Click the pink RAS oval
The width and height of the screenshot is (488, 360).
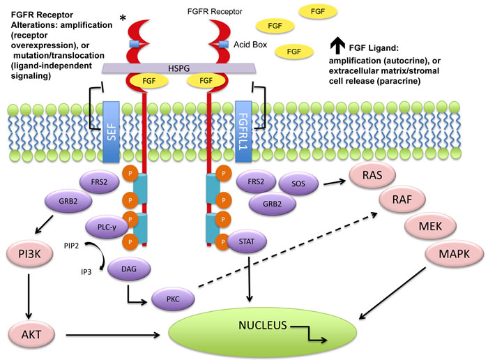click(x=372, y=174)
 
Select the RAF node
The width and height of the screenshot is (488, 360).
click(x=402, y=200)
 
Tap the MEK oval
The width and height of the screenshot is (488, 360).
click(x=430, y=226)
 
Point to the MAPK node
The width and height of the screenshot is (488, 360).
click(x=454, y=254)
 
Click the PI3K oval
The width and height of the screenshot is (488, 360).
click(x=29, y=254)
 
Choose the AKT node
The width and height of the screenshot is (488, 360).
click(x=31, y=334)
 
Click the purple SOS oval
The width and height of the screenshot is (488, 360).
click(x=298, y=183)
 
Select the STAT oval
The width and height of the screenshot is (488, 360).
click(x=247, y=241)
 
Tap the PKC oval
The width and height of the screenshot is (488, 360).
click(x=173, y=299)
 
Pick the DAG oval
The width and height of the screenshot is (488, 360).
click(x=129, y=269)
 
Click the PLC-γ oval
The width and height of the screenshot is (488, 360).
click(x=107, y=227)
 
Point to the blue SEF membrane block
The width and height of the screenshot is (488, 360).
click(x=111, y=132)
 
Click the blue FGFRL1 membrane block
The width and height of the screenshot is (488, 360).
click(x=243, y=131)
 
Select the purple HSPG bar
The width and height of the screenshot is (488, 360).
click(x=179, y=68)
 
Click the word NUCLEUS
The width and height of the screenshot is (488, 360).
click(x=262, y=325)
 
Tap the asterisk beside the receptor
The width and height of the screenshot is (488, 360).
click(x=123, y=18)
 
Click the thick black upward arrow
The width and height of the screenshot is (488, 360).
click(x=337, y=45)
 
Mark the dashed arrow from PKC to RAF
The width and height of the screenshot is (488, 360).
click(x=288, y=250)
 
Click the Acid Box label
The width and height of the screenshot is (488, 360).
click(x=250, y=45)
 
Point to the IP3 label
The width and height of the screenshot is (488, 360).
click(x=86, y=272)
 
